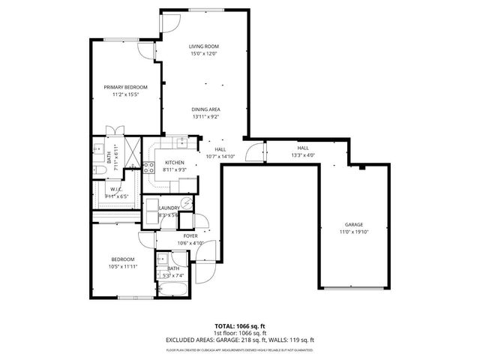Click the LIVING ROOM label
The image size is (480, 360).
(x=202, y=46)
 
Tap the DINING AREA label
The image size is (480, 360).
(x=205, y=109)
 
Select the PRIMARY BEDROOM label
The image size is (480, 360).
(x=125, y=87)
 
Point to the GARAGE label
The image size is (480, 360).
(x=354, y=224)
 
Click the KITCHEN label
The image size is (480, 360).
(x=175, y=163)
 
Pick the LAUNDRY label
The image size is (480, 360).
(x=168, y=208)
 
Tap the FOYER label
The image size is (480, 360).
(x=190, y=235)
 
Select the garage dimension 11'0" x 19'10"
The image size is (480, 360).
(x=354, y=232)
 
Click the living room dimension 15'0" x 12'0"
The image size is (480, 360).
(x=202, y=54)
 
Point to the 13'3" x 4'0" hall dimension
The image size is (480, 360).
(x=303, y=155)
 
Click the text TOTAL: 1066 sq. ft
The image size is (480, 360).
(x=240, y=327)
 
